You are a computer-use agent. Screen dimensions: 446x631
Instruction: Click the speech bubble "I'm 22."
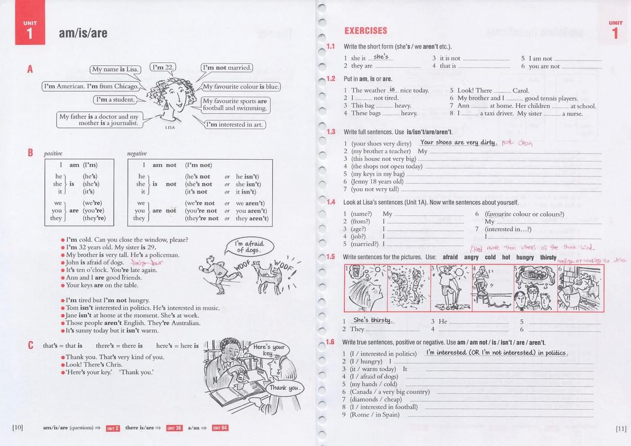pyautogui.click(x=163, y=67)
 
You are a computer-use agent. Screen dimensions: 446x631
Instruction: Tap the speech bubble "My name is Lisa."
pyautogui.click(x=116, y=69)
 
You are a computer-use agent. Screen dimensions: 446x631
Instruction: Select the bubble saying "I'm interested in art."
pyautogui.click(x=234, y=125)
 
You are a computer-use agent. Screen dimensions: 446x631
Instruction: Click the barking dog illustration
pyautogui.click(x=269, y=273)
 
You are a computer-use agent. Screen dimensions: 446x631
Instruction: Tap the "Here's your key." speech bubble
pyautogui.click(x=269, y=350)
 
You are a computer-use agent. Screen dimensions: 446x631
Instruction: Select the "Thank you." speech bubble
pyautogui.click(x=284, y=388)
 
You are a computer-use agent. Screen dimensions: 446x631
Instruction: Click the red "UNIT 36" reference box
pyautogui.click(x=174, y=428)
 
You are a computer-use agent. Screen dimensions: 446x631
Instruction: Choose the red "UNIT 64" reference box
pyautogui.click(x=220, y=428)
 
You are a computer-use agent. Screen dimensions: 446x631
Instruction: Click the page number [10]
pyautogui.click(x=17, y=428)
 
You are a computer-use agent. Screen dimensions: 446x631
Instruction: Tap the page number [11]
pyautogui.click(x=620, y=429)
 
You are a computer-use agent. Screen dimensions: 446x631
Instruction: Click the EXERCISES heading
pyautogui.click(x=365, y=31)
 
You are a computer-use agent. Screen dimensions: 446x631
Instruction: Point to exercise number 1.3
pyautogui.click(x=330, y=131)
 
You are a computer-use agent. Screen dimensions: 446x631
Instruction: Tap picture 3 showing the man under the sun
pyautogui.click(x=450, y=287)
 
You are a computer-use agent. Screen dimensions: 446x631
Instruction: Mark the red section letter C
pyautogui.click(x=30, y=346)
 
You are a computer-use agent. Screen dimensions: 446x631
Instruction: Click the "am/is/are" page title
pyautogui.click(x=83, y=34)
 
